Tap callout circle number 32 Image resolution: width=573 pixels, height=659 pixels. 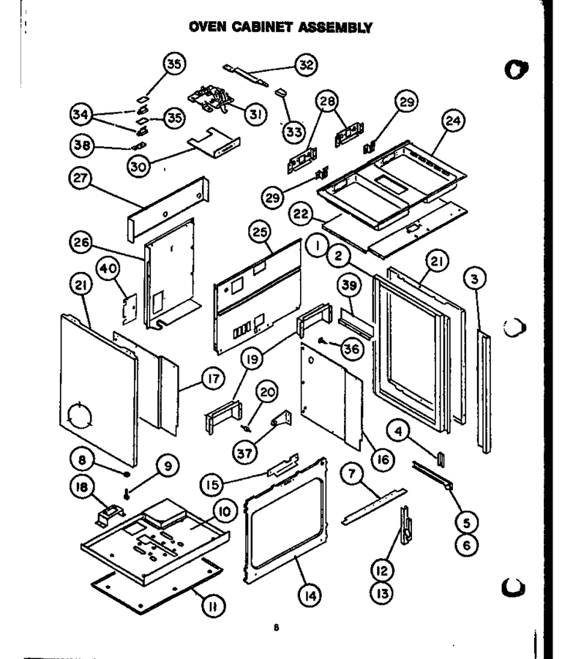306,64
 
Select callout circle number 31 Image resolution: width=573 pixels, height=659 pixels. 255,114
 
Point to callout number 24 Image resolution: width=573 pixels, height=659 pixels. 453,121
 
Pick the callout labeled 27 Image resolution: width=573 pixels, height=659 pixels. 80,178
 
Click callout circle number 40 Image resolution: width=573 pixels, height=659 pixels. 108,268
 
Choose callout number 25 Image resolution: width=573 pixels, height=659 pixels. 260,232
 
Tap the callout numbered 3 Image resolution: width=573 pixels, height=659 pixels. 475,279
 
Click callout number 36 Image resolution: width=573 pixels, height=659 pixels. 351,348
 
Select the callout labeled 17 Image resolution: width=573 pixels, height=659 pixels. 213,379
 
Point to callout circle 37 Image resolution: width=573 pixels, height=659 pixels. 244,453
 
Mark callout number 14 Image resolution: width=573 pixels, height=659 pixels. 310,595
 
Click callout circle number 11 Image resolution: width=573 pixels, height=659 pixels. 214,606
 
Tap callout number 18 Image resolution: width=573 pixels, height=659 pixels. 81,486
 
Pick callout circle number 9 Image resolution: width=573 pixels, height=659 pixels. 168,466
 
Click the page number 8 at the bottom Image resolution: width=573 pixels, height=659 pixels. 276,628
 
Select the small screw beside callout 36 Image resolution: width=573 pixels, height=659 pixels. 322,340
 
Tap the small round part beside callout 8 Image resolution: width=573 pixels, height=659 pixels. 125,475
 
